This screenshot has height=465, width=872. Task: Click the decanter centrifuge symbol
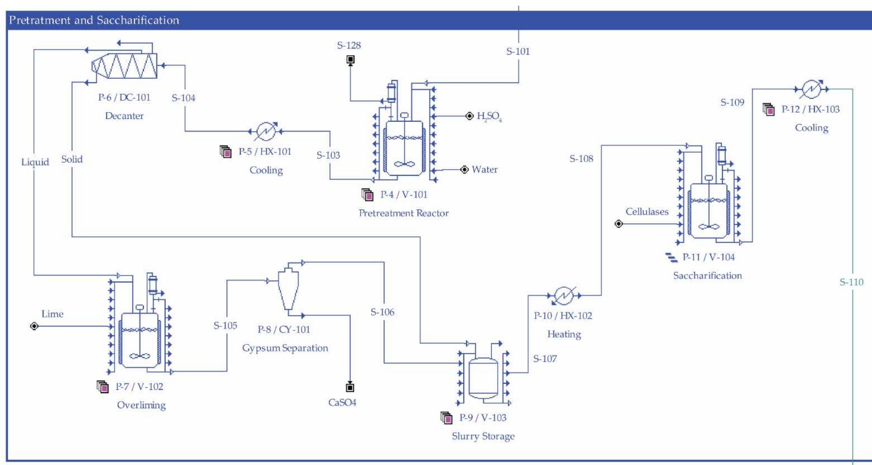click(x=125, y=65)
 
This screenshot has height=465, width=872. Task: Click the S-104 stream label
click(x=183, y=98)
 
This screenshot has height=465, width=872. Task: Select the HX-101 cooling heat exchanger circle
click(x=266, y=131)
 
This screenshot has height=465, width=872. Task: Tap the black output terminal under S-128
click(x=350, y=60)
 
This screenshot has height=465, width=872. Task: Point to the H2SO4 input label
click(x=489, y=116)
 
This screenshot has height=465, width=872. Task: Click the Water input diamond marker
click(x=464, y=170)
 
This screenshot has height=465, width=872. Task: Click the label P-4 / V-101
click(x=404, y=194)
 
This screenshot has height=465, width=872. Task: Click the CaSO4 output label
click(x=342, y=402)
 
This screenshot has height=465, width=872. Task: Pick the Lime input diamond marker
click(x=34, y=326)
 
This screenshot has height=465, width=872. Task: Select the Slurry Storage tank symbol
click(x=483, y=378)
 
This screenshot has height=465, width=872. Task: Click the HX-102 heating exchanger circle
click(x=563, y=295)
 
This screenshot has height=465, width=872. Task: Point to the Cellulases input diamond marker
click(x=618, y=224)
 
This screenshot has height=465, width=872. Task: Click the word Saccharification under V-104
click(x=707, y=275)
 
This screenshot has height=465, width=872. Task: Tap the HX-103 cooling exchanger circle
click(x=811, y=89)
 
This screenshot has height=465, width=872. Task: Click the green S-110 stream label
click(x=851, y=282)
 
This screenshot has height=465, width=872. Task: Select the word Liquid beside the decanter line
click(x=35, y=162)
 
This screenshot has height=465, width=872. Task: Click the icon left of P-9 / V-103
click(x=447, y=418)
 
